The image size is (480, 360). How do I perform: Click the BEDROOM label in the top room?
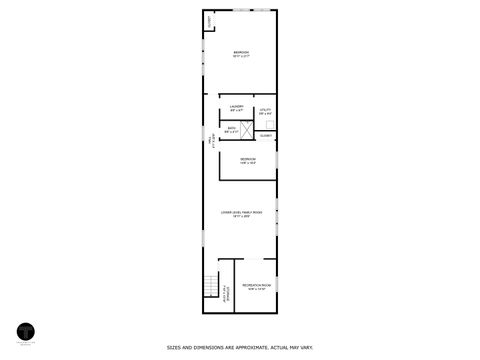click(x=241, y=52)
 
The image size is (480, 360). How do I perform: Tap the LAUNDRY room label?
click(x=236, y=106)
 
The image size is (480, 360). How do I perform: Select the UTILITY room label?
click(x=265, y=110)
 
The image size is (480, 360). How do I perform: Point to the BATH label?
click(x=231, y=128)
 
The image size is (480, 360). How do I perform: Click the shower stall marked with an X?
click(x=246, y=130)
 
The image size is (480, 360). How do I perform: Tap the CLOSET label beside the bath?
click(x=266, y=134)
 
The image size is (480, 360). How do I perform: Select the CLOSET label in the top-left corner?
click(x=209, y=22)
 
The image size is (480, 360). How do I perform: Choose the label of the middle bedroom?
click(x=247, y=159)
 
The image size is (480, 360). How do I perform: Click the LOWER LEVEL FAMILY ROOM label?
click(x=241, y=213)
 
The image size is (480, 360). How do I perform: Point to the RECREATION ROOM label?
click(x=257, y=285)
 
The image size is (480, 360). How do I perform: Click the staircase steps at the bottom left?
click(x=209, y=286)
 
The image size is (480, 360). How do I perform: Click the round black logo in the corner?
click(x=25, y=330)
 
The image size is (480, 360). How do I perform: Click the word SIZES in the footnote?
click(x=173, y=348)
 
